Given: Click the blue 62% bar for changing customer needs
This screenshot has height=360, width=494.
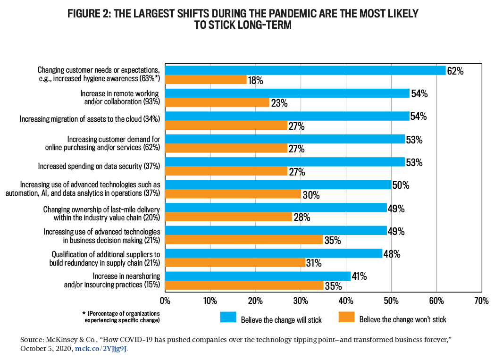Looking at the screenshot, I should [x=305, y=70].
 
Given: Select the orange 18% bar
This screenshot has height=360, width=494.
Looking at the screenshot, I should [x=206, y=80].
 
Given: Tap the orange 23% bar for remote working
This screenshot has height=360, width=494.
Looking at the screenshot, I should [x=217, y=102].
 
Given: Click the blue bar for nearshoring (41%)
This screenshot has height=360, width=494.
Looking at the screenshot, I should [x=257, y=276].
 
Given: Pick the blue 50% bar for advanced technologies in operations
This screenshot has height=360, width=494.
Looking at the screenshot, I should [x=278, y=184].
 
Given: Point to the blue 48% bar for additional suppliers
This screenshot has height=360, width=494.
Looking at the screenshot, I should [x=273, y=253].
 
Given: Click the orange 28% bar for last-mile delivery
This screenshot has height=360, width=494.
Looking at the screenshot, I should [x=228, y=217].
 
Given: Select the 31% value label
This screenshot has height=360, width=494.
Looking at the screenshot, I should [x=314, y=263].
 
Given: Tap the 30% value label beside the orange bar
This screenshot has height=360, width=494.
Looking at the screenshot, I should [x=310, y=194].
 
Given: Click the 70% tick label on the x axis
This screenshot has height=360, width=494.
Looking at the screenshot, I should [x=481, y=300].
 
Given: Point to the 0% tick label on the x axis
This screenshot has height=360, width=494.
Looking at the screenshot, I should [x=165, y=300].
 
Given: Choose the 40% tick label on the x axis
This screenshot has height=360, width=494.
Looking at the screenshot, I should [x=346, y=300].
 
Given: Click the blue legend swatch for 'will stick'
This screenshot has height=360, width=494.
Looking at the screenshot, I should [x=227, y=317].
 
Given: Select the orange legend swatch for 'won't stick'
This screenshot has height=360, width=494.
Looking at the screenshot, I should [x=346, y=317].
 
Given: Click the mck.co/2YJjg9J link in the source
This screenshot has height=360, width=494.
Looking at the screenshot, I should [x=101, y=349].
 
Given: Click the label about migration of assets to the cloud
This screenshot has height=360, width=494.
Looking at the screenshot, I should [x=90, y=119].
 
